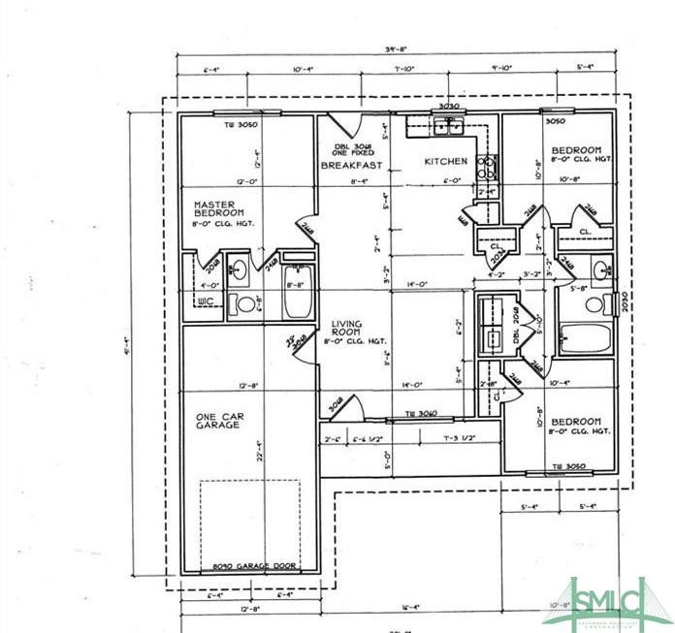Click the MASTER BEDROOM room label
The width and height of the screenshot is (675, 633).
pos(218,208)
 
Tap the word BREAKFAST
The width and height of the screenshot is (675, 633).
pos(347,166)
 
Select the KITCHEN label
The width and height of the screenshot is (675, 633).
pos(445,161)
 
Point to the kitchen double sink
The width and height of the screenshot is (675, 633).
pos(448,123)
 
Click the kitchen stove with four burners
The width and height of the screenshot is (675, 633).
pos(487,166)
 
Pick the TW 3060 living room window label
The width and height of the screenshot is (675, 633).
pos(424,414)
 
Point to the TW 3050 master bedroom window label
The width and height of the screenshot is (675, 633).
pos(239,124)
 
